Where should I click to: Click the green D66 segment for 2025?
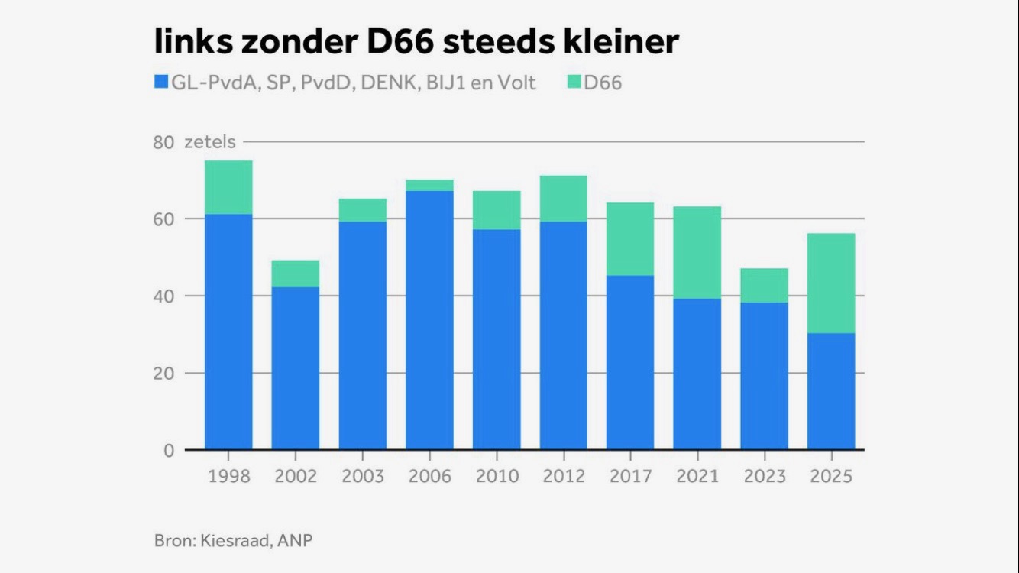coord(831,283)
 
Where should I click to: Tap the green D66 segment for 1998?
coord(228,187)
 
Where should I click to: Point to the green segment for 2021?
coord(697,252)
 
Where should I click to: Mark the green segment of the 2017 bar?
coord(630,239)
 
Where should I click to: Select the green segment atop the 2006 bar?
coord(429,186)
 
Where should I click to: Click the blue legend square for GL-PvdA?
coord(160,83)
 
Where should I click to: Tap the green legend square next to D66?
coord(574,83)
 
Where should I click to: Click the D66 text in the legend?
coord(603,83)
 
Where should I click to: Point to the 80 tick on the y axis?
coord(164,142)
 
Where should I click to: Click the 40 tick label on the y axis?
coord(164,296)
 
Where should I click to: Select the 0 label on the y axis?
coord(169,451)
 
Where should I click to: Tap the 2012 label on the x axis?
coord(564,476)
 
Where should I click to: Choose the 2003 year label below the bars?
coord(363,476)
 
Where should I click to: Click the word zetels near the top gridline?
coord(210,142)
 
